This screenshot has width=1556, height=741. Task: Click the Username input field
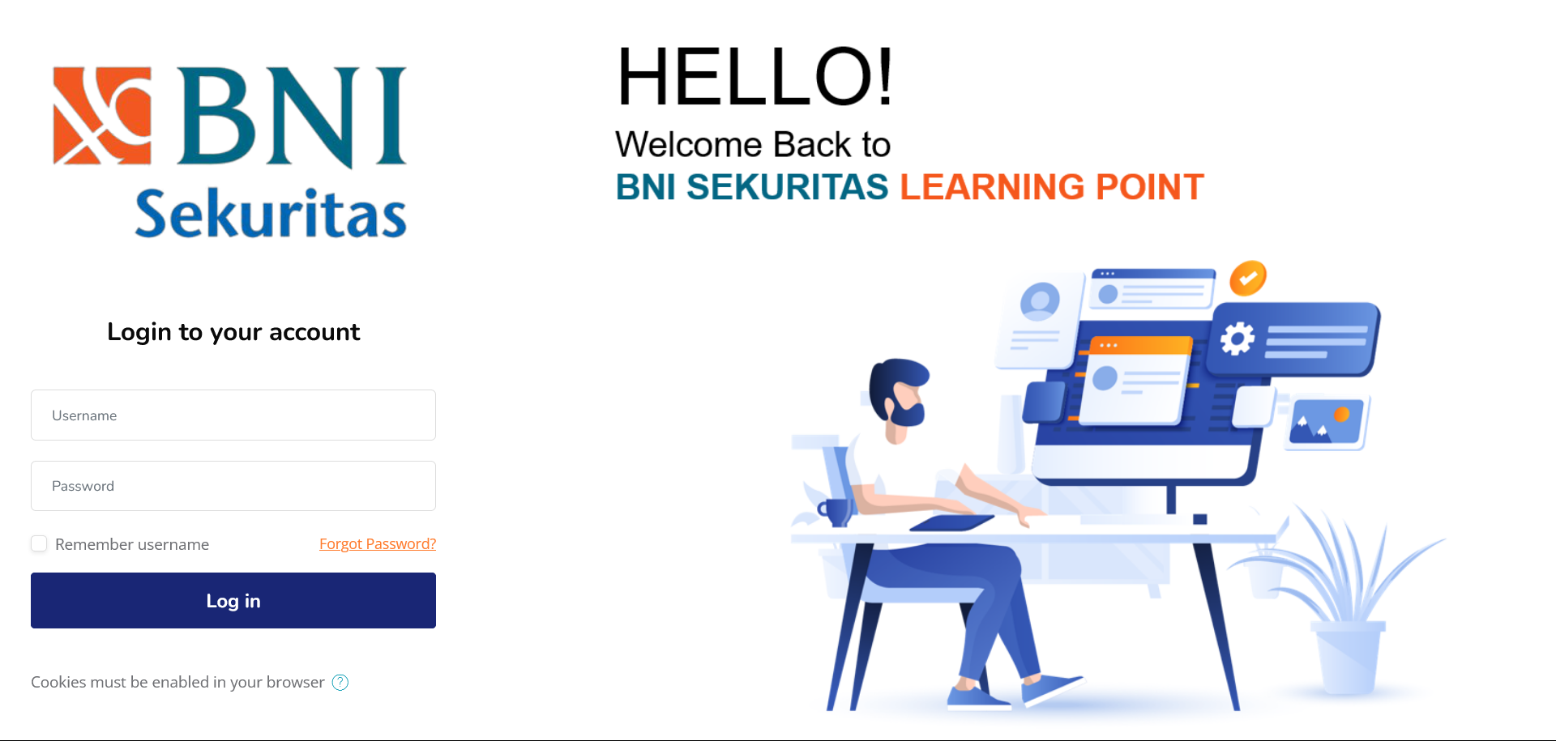(x=233, y=415)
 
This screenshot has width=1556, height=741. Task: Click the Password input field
(x=233, y=486)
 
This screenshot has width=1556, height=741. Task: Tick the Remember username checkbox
(x=39, y=543)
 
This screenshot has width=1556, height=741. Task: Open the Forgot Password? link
(x=378, y=544)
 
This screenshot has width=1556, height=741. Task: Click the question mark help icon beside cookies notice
(x=340, y=683)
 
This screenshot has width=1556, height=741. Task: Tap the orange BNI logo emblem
(x=102, y=116)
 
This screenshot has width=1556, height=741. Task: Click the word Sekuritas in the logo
(x=271, y=213)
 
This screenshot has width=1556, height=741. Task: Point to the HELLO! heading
(x=754, y=76)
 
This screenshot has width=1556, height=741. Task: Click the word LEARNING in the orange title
(x=992, y=187)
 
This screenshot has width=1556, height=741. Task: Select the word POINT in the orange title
(x=1150, y=187)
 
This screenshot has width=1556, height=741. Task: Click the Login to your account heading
(x=233, y=332)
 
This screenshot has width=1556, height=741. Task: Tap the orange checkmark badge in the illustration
(x=1248, y=279)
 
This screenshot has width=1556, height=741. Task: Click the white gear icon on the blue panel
(x=1238, y=339)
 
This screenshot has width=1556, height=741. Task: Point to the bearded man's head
(x=898, y=394)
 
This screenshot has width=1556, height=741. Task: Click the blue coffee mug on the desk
(x=834, y=513)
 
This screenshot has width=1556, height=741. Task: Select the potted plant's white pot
(x=1347, y=658)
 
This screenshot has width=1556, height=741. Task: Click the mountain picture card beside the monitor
(x=1327, y=423)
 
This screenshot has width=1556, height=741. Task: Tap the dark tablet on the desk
(x=952, y=523)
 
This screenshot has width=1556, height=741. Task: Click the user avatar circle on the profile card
(x=1040, y=301)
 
